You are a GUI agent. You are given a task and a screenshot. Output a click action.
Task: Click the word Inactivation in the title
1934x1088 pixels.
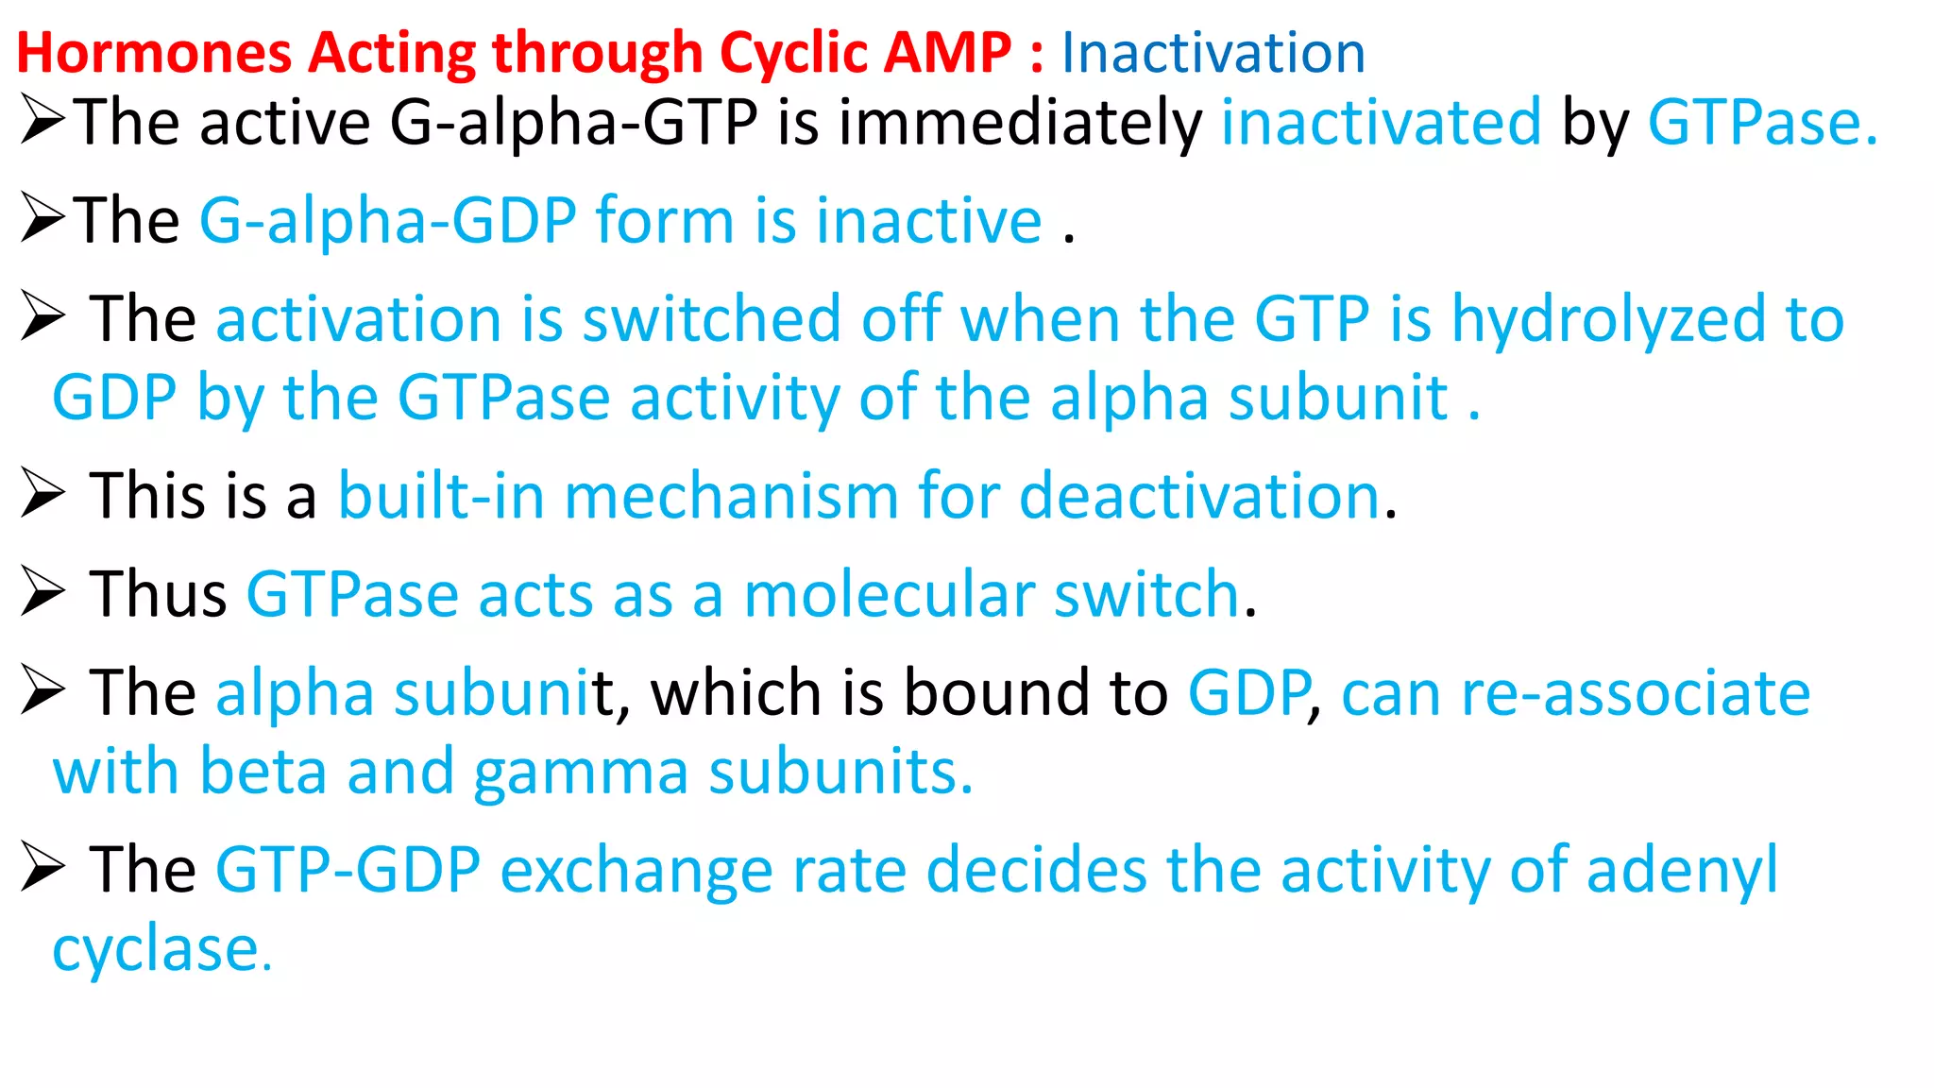[x=1213, y=53]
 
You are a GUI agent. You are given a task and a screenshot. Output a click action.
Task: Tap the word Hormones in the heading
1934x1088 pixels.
[x=154, y=53]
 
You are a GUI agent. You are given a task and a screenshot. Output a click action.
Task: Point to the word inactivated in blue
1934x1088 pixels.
[x=1381, y=123]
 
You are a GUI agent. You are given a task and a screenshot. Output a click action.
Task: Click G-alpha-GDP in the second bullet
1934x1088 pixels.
[x=387, y=221]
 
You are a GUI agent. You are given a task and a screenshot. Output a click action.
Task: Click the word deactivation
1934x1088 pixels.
[x=1200, y=496]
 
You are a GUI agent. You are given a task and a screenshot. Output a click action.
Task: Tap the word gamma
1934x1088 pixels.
[x=581, y=773]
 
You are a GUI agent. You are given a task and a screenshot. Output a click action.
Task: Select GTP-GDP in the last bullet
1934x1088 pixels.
[x=348, y=870]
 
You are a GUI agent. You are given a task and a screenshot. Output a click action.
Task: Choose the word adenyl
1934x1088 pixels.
[x=1682, y=870]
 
